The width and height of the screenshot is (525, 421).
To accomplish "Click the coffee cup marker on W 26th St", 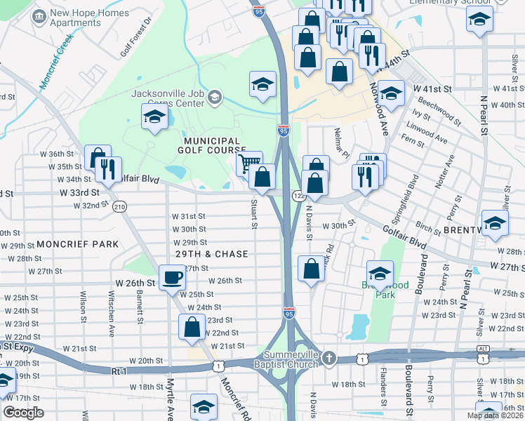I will pyautogui.click(x=172, y=278).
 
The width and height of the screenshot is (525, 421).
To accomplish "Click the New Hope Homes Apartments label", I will pyautogui.click(x=91, y=18).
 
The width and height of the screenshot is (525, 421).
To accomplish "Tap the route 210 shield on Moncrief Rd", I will pyautogui.click(x=120, y=206).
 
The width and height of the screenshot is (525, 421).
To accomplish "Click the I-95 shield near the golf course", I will pyautogui.click(x=283, y=131).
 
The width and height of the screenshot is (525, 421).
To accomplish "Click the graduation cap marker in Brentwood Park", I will pyautogui.click(x=380, y=274).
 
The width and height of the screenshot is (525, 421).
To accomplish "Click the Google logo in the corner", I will pyautogui.click(x=23, y=413).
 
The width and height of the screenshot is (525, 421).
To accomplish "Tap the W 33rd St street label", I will pyautogui.click(x=75, y=192).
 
